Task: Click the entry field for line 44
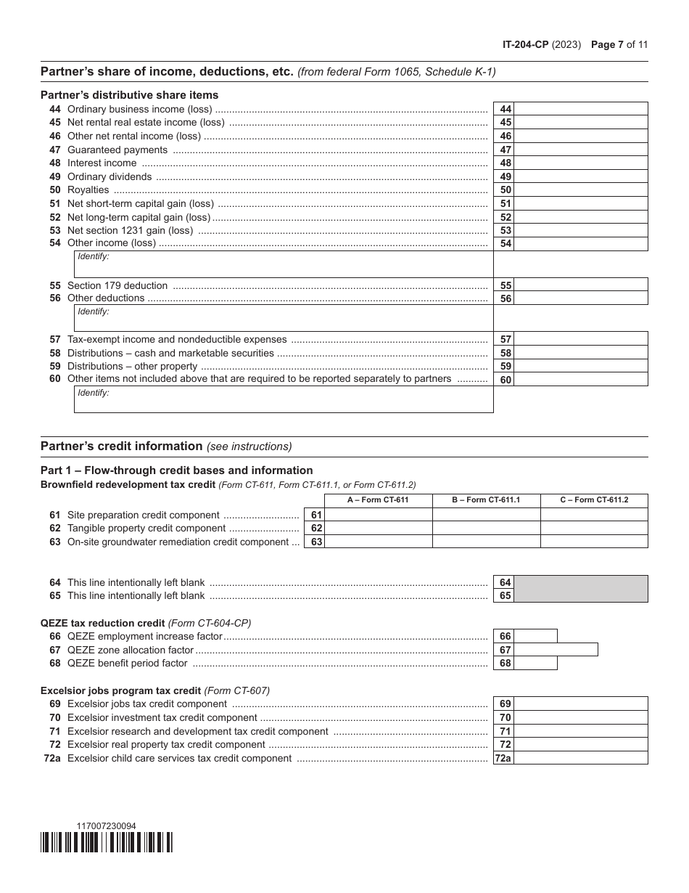(x=581, y=109)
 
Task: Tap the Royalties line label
(x=88, y=190)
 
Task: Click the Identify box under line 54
(x=284, y=264)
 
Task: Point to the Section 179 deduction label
(x=117, y=286)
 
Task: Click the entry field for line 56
(x=581, y=298)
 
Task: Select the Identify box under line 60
(x=284, y=399)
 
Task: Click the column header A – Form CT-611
(x=378, y=500)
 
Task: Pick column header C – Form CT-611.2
(x=594, y=500)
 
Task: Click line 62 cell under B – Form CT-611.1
(x=486, y=529)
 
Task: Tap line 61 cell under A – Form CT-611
(x=378, y=515)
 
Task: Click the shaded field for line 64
(x=581, y=582)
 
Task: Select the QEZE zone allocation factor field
(x=556, y=650)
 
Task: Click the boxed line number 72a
(x=503, y=759)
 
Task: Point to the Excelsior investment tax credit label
(x=162, y=718)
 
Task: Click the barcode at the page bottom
(x=107, y=842)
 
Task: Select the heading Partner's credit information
(x=121, y=447)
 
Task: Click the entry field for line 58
(x=581, y=353)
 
